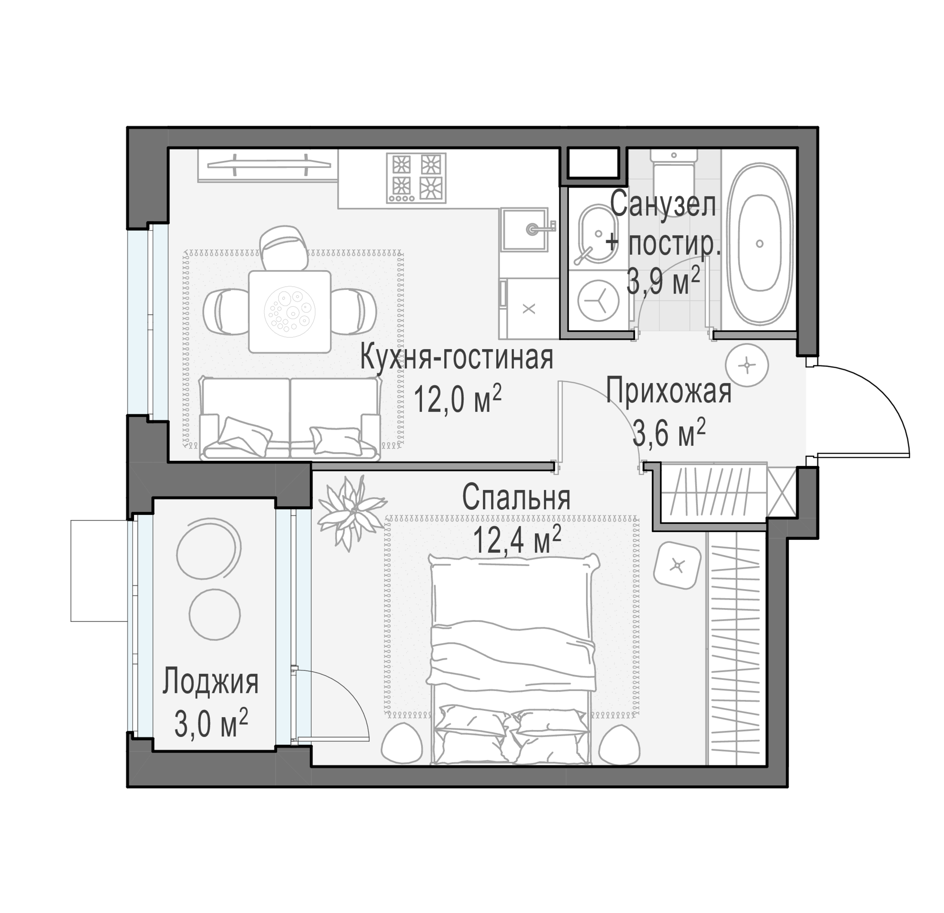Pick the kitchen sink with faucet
pyautogui.click(x=527, y=230)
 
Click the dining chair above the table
pyautogui.click(x=284, y=248)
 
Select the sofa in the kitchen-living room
pyautogui.click(x=290, y=418)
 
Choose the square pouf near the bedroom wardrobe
pyautogui.click(x=677, y=565)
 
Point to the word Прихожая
pyautogui.click(x=668, y=391)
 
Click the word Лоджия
pyautogui.click(x=211, y=683)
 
